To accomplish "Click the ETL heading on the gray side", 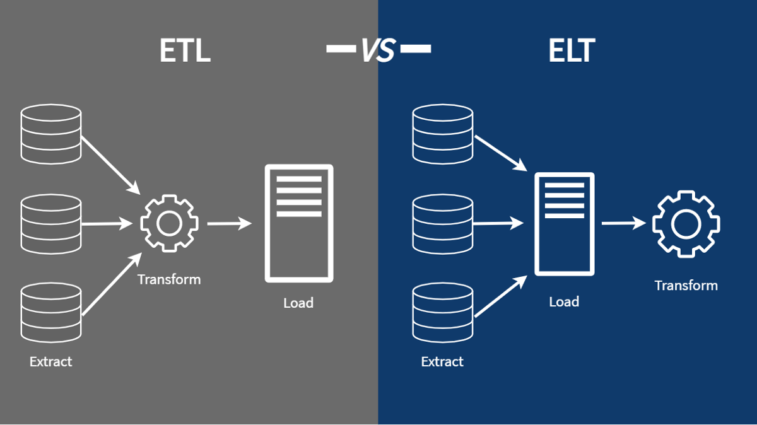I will pyautogui.click(x=184, y=51).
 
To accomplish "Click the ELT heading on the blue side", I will pyautogui.click(x=571, y=51).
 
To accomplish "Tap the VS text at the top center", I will pyautogui.click(x=378, y=50).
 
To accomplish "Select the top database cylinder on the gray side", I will pyautogui.click(x=51, y=134).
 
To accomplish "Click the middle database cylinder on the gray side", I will pyautogui.click(x=51, y=224).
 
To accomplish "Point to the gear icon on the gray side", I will pyautogui.click(x=169, y=224).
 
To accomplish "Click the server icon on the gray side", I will pyautogui.click(x=298, y=223).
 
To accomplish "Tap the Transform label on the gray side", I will pyautogui.click(x=169, y=279).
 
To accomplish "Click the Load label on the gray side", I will pyautogui.click(x=298, y=303).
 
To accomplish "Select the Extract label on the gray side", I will pyautogui.click(x=51, y=362).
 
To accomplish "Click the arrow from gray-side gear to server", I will pyautogui.click(x=229, y=223).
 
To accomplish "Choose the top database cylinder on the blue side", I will pyautogui.click(x=442, y=134).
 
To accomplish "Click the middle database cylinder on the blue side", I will pyautogui.click(x=442, y=224).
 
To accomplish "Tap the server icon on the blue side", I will pyautogui.click(x=564, y=224).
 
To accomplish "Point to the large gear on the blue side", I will pyautogui.click(x=686, y=224).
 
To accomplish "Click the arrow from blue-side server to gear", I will pyautogui.click(x=623, y=223).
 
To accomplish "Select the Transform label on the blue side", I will pyautogui.click(x=686, y=285).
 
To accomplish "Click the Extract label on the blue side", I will pyautogui.click(x=442, y=362).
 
